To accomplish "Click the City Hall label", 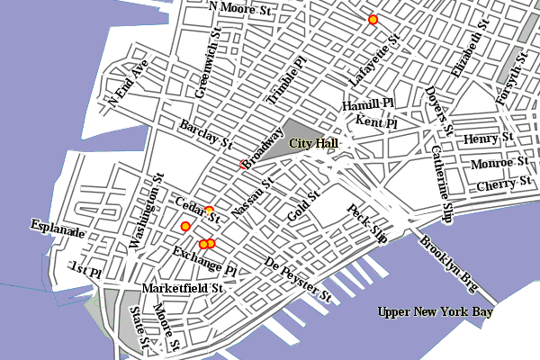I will point(313,144).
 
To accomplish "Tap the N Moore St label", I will point(239,8).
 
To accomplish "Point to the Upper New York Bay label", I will point(436,312).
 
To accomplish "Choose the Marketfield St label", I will point(182,289).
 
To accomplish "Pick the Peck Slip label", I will point(367,225).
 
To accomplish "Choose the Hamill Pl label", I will point(368,106).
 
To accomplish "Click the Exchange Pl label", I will point(204,260).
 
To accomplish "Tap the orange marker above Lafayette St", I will point(372,19).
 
